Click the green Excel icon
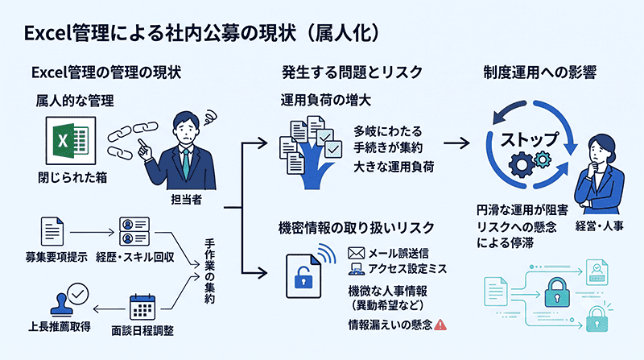[x=71, y=141]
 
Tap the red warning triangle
[x=440, y=325]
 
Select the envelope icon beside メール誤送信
[x=356, y=253]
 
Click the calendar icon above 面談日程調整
[x=142, y=308]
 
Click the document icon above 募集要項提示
[x=52, y=231]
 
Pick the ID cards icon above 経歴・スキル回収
[x=134, y=231]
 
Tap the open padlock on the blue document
[x=303, y=277]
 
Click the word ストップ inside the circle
[x=530, y=140]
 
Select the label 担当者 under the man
[x=187, y=200]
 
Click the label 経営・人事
[x=599, y=226]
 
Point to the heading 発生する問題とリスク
[x=352, y=72]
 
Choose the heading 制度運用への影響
[x=539, y=72]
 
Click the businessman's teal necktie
[x=187, y=164]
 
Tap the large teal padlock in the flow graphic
[x=557, y=292]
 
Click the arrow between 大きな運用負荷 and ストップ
[x=456, y=143]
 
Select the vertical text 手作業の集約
[x=209, y=271]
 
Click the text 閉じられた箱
[x=72, y=177]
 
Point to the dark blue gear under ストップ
[x=522, y=164]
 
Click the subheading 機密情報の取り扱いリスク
[x=356, y=228]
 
